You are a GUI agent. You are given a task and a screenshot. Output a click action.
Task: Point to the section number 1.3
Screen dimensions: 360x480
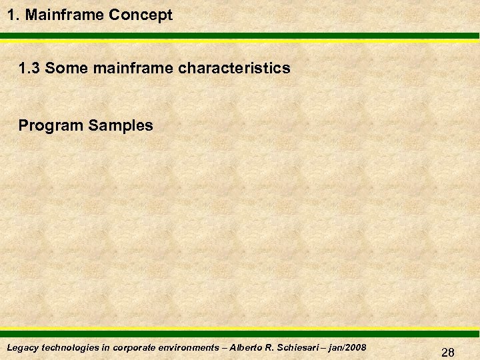pos(30,68)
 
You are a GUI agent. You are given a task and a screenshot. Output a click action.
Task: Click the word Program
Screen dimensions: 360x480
pos(50,125)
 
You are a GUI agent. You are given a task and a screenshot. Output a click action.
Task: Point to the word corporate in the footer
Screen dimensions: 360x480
pos(135,347)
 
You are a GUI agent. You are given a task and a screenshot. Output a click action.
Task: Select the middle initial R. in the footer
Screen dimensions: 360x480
pos(276,347)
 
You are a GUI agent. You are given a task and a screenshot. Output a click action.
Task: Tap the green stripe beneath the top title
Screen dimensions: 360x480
pos(240,36)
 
